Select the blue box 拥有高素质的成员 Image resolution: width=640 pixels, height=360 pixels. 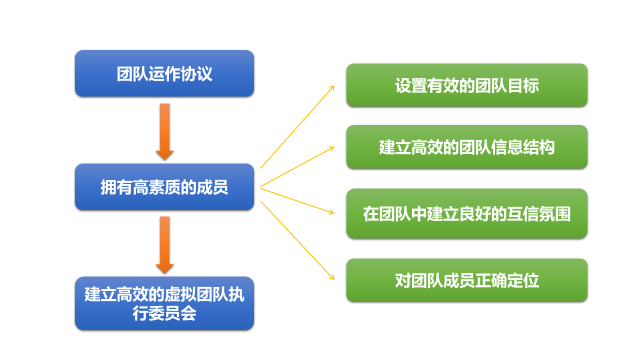point(165,186)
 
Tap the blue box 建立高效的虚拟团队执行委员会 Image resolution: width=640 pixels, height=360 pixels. point(165,304)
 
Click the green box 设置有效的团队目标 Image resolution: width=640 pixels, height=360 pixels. point(467,85)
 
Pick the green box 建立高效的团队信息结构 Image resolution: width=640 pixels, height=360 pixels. point(467,147)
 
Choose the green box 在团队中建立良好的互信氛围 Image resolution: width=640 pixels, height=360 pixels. point(467,213)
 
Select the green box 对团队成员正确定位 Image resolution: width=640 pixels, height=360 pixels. point(467,279)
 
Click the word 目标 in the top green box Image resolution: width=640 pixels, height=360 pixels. point(524,85)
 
